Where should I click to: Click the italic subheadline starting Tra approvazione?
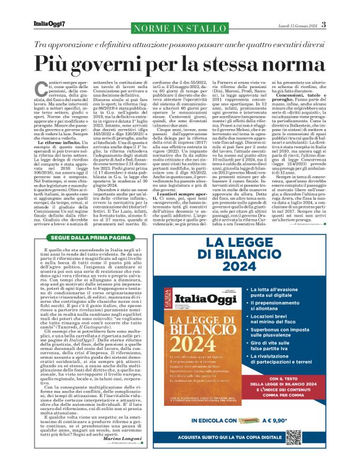[180, 45]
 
